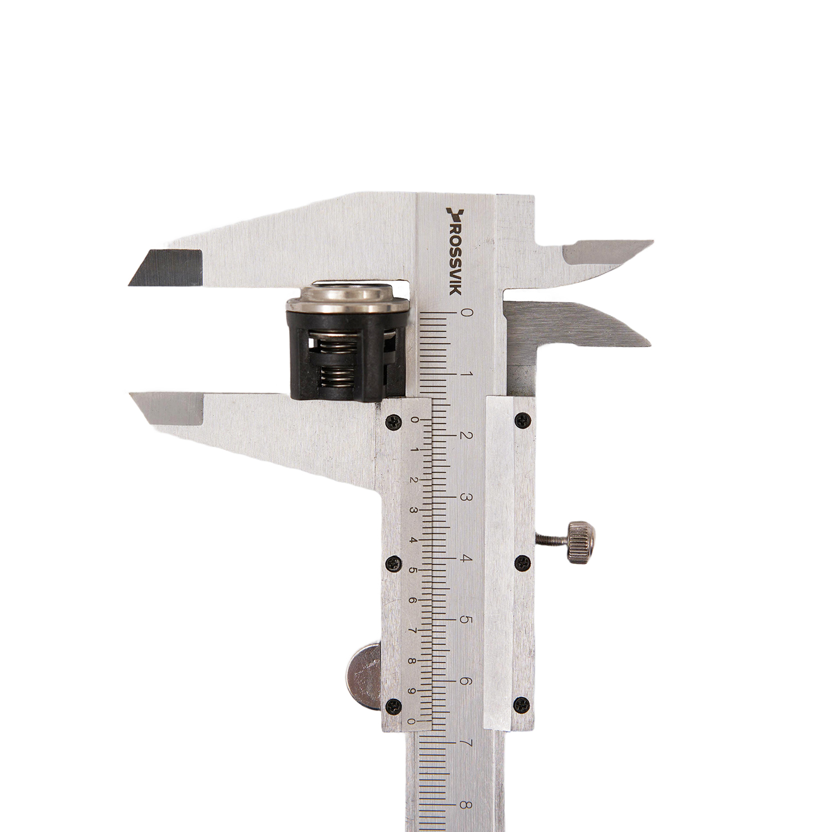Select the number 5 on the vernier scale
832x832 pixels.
[x=413, y=570]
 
